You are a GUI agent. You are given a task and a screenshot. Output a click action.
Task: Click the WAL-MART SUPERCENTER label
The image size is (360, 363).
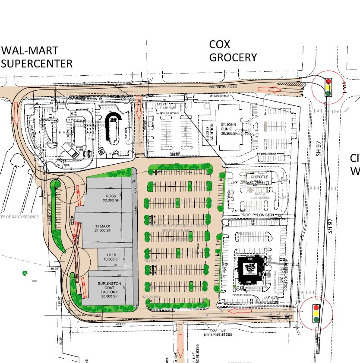click(x=36, y=57)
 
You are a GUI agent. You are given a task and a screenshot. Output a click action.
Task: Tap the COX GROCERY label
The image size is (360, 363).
click(x=233, y=51)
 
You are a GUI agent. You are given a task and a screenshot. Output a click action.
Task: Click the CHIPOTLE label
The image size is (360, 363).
click(x=257, y=177)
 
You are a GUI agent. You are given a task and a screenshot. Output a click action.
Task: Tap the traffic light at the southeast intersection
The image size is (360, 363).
click(x=316, y=313)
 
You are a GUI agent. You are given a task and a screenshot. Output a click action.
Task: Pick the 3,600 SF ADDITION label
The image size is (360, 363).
click(x=207, y=128)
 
